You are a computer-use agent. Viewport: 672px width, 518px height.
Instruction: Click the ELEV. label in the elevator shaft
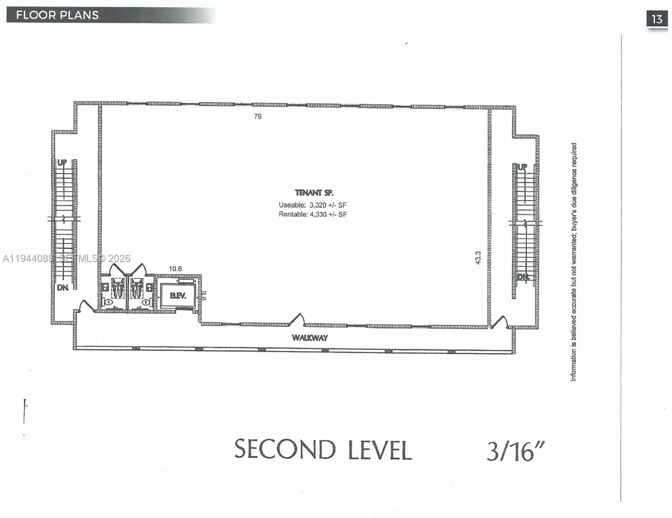click(178, 296)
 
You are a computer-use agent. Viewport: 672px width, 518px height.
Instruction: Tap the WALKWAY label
click(310, 338)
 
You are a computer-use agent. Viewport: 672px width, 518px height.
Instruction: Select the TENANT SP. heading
click(314, 193)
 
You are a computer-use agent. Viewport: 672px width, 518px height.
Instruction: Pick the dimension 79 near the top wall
click(257, 116)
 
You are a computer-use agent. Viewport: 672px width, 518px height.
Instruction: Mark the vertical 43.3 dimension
click(478, 258)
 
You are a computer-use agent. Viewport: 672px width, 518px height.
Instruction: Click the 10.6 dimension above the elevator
click(175, 268)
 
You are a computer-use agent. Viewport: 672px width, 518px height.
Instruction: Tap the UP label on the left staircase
click(62, 163)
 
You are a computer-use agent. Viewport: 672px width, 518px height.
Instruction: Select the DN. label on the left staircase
click(63, 287)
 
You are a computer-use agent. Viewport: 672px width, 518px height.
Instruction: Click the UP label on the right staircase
click(522, 167)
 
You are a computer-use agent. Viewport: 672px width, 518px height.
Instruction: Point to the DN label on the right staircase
click(523, 277)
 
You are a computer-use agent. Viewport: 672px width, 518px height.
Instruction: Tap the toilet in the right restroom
click(146, 303)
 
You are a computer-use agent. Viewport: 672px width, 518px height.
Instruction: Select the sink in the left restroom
click(105, 286)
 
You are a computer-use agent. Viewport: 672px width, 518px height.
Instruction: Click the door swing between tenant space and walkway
click(297, 319)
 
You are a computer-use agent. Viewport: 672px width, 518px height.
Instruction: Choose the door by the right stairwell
click(500, 322)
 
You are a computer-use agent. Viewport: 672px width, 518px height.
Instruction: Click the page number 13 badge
click(657, 19)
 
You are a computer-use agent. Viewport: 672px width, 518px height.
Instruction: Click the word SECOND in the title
click(285, 449)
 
